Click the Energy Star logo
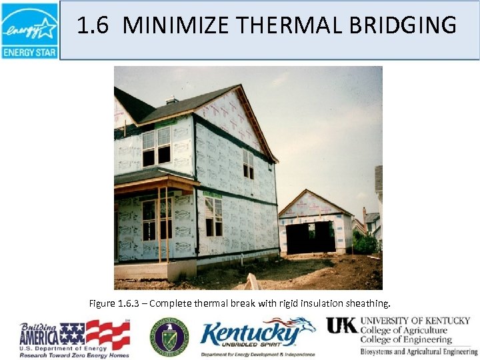click(x=29, y=30)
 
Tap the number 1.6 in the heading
click(x=93, y=26)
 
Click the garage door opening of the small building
click(x=311, y=237)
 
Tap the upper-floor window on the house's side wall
click(x=248, y=163)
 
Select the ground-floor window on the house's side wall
click(x=213, y=216)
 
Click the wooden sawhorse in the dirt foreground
click(x=253, y=282)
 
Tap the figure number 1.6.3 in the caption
click(x=131, y=304)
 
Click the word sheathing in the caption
click(x=378, y=304)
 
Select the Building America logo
click(x=74, y=339)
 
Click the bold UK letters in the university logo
click(x=341, y=325)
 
